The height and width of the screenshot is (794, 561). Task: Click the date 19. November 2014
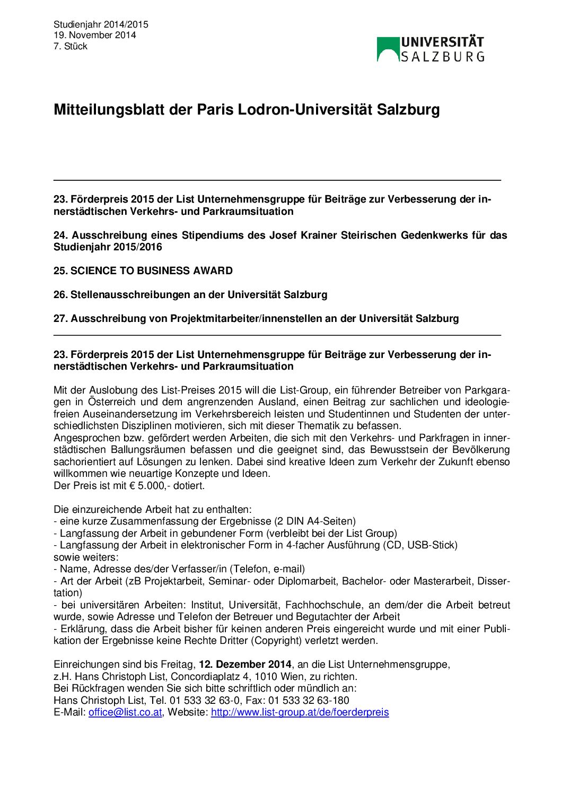(x=94, y=35)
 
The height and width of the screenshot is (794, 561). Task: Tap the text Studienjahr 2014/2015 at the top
(x=101, y=24)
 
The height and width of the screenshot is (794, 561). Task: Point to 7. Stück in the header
(x=70, y=46)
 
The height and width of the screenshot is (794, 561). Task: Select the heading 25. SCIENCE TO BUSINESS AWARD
(x=143, y=271)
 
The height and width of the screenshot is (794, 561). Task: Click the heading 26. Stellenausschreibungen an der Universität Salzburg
(x=190, y=294)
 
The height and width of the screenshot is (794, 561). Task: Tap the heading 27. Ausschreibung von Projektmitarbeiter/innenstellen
(x=256, y=318)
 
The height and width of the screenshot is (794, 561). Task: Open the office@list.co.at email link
(x=125, y=712)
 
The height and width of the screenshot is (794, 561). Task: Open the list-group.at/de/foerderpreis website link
(x=300, y=712)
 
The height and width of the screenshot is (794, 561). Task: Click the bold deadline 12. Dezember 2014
(x=245, y=665)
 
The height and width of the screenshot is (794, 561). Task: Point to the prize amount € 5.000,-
(x=154, y=486)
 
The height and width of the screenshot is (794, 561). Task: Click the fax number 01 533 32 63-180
(x=309, y=701)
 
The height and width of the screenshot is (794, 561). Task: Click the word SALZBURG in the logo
(x=442, y=57)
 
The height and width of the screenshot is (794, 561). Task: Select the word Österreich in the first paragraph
(x=112, y=402)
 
